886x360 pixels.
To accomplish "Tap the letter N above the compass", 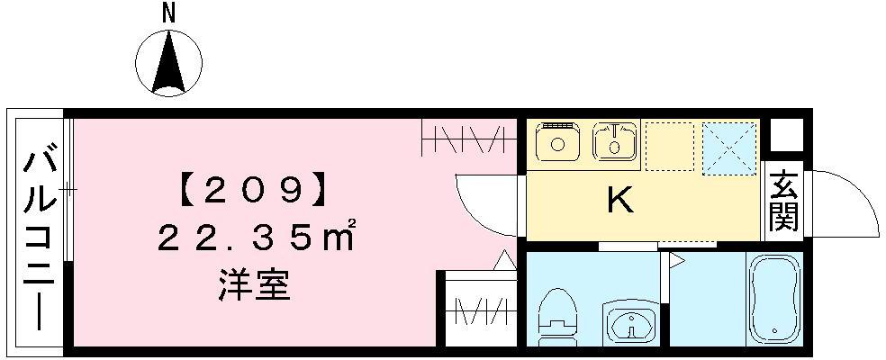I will tap(167, 12).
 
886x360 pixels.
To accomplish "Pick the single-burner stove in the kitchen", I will tap(558, 141).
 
